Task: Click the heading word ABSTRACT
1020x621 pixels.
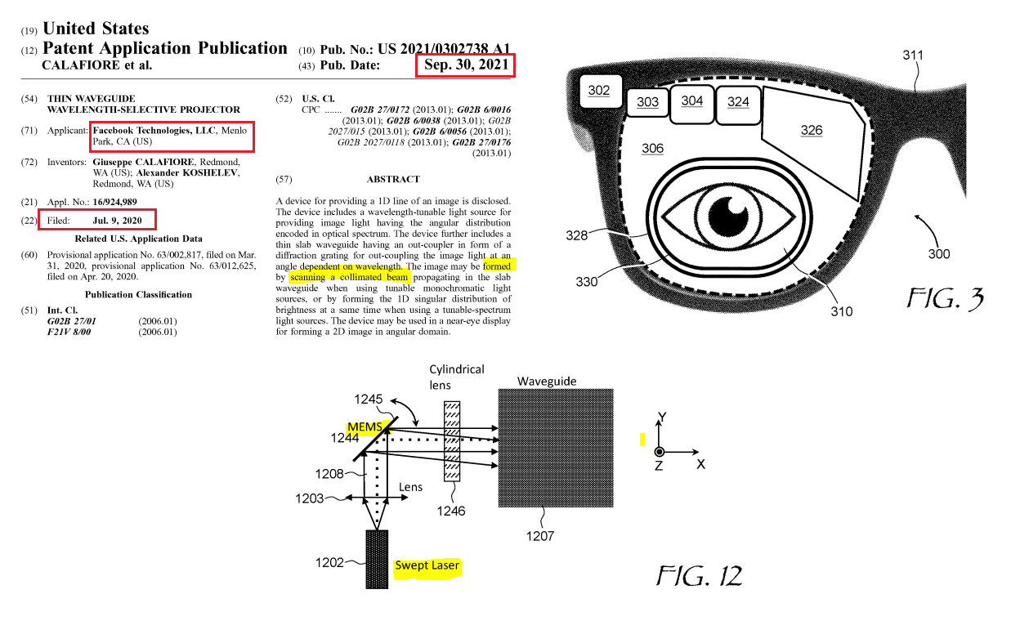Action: [x=393, y=179]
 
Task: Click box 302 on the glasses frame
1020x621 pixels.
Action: [x=599, y=91]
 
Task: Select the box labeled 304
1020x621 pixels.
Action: [x=692, y=101]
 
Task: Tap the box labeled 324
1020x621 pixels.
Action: [x=738, y=102]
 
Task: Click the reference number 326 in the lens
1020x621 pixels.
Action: [x=812, y=131]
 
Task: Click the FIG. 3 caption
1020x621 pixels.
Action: [x=946, y=299]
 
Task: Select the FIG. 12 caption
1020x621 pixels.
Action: [x=700, y=576]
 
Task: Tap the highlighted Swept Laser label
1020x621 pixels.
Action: [x=427, y=565]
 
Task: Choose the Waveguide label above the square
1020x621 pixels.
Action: [x=547, y=382]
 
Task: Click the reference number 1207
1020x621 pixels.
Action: [x=539, y=536]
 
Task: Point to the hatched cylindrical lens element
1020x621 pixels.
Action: [x=452, y=441]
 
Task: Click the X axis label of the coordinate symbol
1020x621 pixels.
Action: [x=701, y=464]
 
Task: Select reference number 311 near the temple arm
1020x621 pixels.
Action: [x=913, y=56]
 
